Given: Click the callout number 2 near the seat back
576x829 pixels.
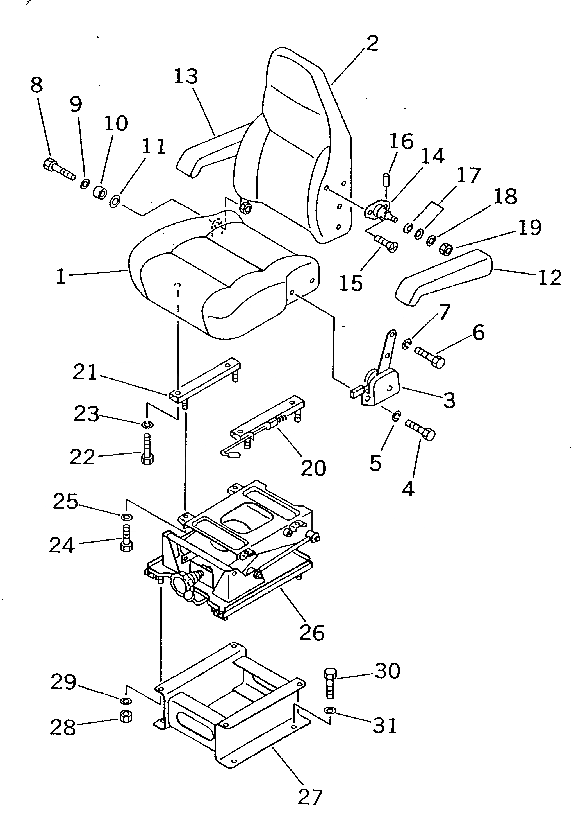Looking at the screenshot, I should pyautogui.click(x=372, y=44).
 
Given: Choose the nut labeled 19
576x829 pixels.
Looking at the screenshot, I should pyautogui.click(x=446, y=249).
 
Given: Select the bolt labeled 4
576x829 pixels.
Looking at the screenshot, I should pyautogui.click(x=420, y=430).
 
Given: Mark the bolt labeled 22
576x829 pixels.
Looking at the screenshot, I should pyautogui.click(x=147, y=450).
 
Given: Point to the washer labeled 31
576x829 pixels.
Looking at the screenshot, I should pyautogui.click(x=330, y=711).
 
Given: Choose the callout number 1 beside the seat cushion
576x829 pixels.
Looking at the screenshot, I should pyautogui.click(x=61, y=277).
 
